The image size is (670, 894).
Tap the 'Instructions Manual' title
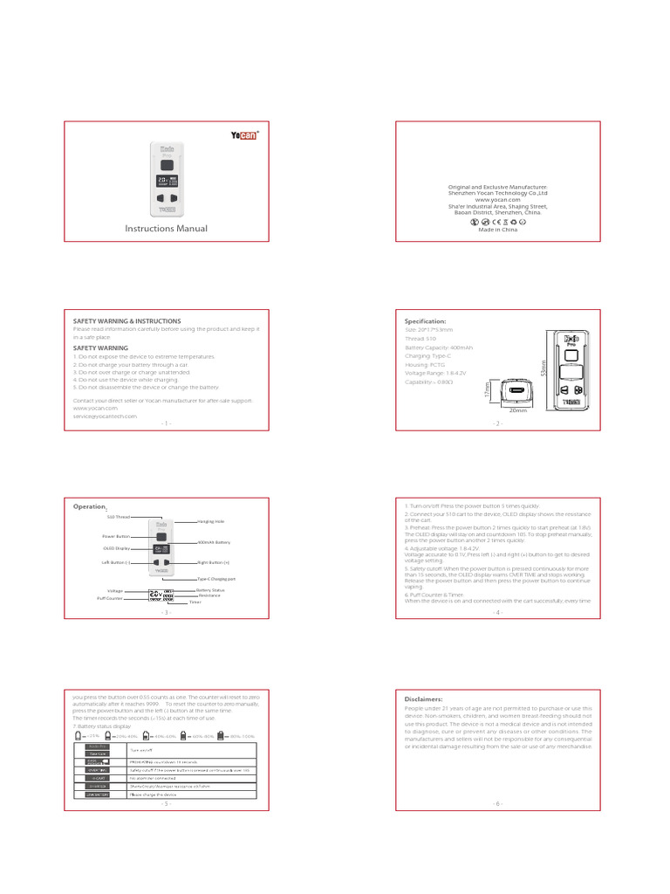(x=167, y=229)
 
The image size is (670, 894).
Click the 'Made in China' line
(x=498, y=230)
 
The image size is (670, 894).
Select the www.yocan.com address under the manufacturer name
(x=498, y=199)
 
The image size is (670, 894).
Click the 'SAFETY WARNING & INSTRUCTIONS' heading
(x=126, y=321)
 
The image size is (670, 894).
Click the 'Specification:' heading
(x=426, y=321)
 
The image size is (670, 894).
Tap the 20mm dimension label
(x=519, y=409)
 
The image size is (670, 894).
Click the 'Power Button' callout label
(x=116, y=536)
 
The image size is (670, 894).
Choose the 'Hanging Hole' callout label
(x=212, y=521)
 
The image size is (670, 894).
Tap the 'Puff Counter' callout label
(x=110, y=598)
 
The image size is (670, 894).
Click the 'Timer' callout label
(x=206, y=602)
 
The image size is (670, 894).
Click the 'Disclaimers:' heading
(x=423, y=699)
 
